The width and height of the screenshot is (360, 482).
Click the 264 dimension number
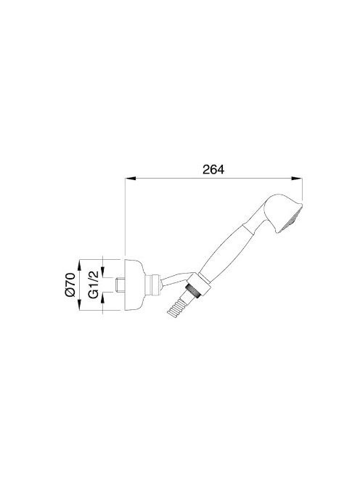pyautogui.click(x=213, y=169)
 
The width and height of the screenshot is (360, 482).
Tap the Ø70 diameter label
pyautogui.click(x=70, y=285)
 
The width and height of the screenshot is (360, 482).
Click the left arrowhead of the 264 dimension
pyautogui.click(x=130, y=179)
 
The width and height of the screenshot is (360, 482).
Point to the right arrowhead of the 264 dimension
pyautogui.click(x=297, y=179)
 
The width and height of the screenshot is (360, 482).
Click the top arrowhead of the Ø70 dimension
pyautogui.click(x=79, y=265)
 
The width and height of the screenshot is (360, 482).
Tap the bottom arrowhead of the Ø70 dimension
pyautogui.click(x=79, y=306)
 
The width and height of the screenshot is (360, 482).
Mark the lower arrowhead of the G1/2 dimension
pyautogui.click(x=102, y=297)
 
